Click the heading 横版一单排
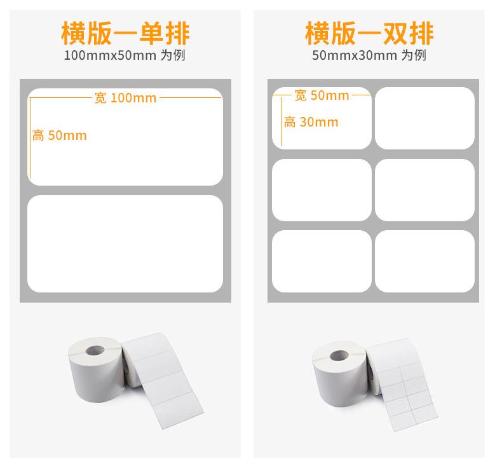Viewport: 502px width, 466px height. pos(125,33)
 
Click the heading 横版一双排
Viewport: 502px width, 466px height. pos(369,33)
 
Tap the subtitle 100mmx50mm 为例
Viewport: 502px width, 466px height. pos(125,55)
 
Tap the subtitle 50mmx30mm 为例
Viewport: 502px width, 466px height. pos(369,55)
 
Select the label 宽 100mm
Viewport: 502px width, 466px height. pos(126,98)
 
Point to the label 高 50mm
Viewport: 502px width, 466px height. pos(60,136)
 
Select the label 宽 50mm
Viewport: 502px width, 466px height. pos(322,95)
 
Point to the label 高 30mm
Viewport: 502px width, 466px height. pos(311,122)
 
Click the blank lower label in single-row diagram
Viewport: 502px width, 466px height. pos(125,243)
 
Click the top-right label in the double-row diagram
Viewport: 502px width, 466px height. pos(425,118)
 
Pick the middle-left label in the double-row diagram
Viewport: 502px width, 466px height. pos(322,190)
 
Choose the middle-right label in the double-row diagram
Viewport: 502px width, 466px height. pos(425,190)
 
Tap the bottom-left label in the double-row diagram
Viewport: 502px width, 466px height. pos(322,261)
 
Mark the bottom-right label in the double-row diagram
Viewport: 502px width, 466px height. pos(425,261)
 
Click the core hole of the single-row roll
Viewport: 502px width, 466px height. pos(95,350)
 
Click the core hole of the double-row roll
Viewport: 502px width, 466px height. pos(339,355)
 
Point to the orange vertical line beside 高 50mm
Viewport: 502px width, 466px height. pos(30,138)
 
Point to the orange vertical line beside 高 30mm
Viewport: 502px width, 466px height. pos(281,121)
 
